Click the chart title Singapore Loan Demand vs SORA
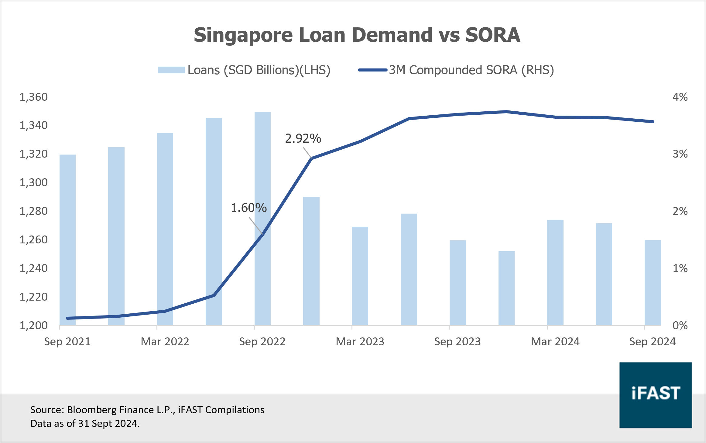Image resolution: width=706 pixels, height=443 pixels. (357, 35)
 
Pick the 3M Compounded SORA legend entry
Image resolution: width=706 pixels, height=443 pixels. (456, 70)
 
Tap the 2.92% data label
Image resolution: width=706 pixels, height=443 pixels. (303, 138)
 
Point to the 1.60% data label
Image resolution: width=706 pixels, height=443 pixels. (249, 208)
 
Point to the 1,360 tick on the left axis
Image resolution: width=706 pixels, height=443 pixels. (33, 97)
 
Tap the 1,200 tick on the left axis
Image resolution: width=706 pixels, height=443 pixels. (33, 325)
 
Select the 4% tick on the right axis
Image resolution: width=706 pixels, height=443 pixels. (680, 97)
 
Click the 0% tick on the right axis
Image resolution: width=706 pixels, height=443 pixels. (680, 325)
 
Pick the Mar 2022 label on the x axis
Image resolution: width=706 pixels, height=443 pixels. (165, 341)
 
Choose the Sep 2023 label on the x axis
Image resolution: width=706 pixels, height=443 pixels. (458, 341)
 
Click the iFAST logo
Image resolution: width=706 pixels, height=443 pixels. (656, 395)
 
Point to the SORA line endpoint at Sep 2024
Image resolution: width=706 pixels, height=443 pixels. (653, 122)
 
